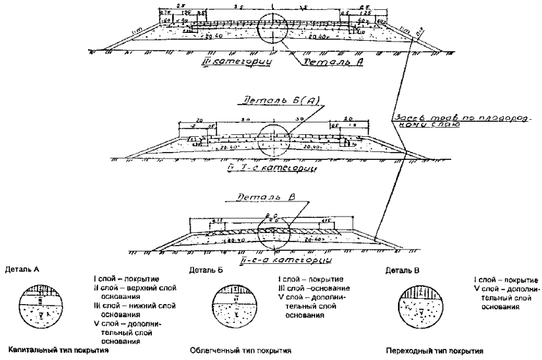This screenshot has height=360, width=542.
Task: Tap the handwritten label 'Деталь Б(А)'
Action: click(269, 103)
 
